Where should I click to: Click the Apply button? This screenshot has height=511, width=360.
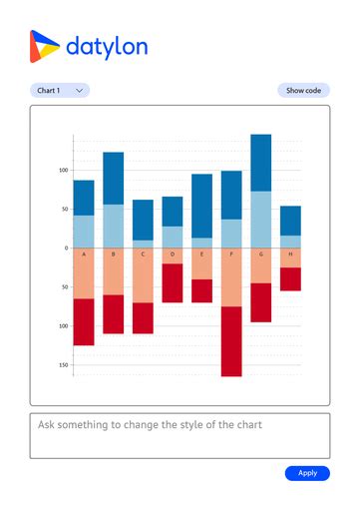(307, 473)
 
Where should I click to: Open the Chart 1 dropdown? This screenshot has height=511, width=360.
(60, 91)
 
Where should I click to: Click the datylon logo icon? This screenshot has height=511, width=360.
(45, 46)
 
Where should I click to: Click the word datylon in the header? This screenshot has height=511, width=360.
(106, 47)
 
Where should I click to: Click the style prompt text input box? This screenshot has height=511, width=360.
(180, 435)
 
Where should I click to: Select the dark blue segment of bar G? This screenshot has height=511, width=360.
(260, 163)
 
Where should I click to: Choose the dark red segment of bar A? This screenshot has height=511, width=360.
(84, 321)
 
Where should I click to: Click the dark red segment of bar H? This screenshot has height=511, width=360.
(290, 278)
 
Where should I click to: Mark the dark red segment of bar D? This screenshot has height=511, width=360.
(173, 282)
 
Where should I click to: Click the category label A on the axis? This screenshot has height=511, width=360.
(84, 255)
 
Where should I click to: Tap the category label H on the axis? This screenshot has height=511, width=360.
(290, 255)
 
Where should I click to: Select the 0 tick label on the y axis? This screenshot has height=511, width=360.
(66, 248)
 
